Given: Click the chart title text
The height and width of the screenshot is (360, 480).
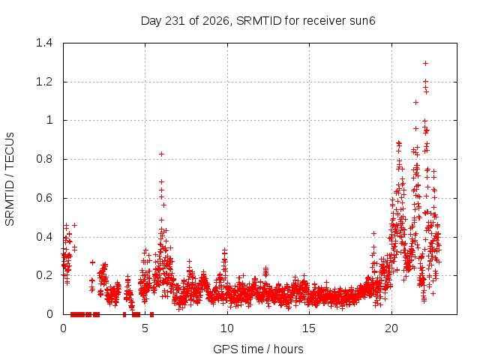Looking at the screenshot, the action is [258, 21].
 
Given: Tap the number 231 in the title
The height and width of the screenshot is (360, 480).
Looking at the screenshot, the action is [175, 21].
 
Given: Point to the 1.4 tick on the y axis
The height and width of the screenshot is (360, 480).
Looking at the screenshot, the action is [44, 43].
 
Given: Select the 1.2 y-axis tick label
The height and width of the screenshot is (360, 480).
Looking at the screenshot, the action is [44, 82].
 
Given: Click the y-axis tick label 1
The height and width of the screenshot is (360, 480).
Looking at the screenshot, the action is [49, 120].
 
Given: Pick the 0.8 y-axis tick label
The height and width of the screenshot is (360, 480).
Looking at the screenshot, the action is [44, 159].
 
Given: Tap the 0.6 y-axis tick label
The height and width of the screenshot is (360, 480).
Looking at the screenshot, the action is [44, 198].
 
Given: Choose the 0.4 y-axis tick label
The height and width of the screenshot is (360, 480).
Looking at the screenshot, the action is [44, 237].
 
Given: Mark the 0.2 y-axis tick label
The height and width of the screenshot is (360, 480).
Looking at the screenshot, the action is [44, 275].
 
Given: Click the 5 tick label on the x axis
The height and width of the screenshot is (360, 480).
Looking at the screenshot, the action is [145, 328].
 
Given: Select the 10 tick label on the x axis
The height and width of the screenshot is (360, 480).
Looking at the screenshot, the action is [227, 328].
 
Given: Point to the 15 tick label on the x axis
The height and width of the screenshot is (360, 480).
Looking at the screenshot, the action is [309, 328].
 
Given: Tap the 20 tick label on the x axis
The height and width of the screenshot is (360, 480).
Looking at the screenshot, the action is [391, 328].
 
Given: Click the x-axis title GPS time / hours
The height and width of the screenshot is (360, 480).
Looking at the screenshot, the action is [258, 349].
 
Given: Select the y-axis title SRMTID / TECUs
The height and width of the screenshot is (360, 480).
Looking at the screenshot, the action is [10, 179].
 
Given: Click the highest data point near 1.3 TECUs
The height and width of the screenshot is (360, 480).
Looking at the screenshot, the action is [425, 63].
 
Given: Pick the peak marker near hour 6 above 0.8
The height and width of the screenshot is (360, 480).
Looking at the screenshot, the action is [162, 154].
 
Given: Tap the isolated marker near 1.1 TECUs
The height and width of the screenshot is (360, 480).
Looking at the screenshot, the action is [415, 102].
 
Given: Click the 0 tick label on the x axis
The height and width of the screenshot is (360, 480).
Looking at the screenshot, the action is [63, 328].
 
